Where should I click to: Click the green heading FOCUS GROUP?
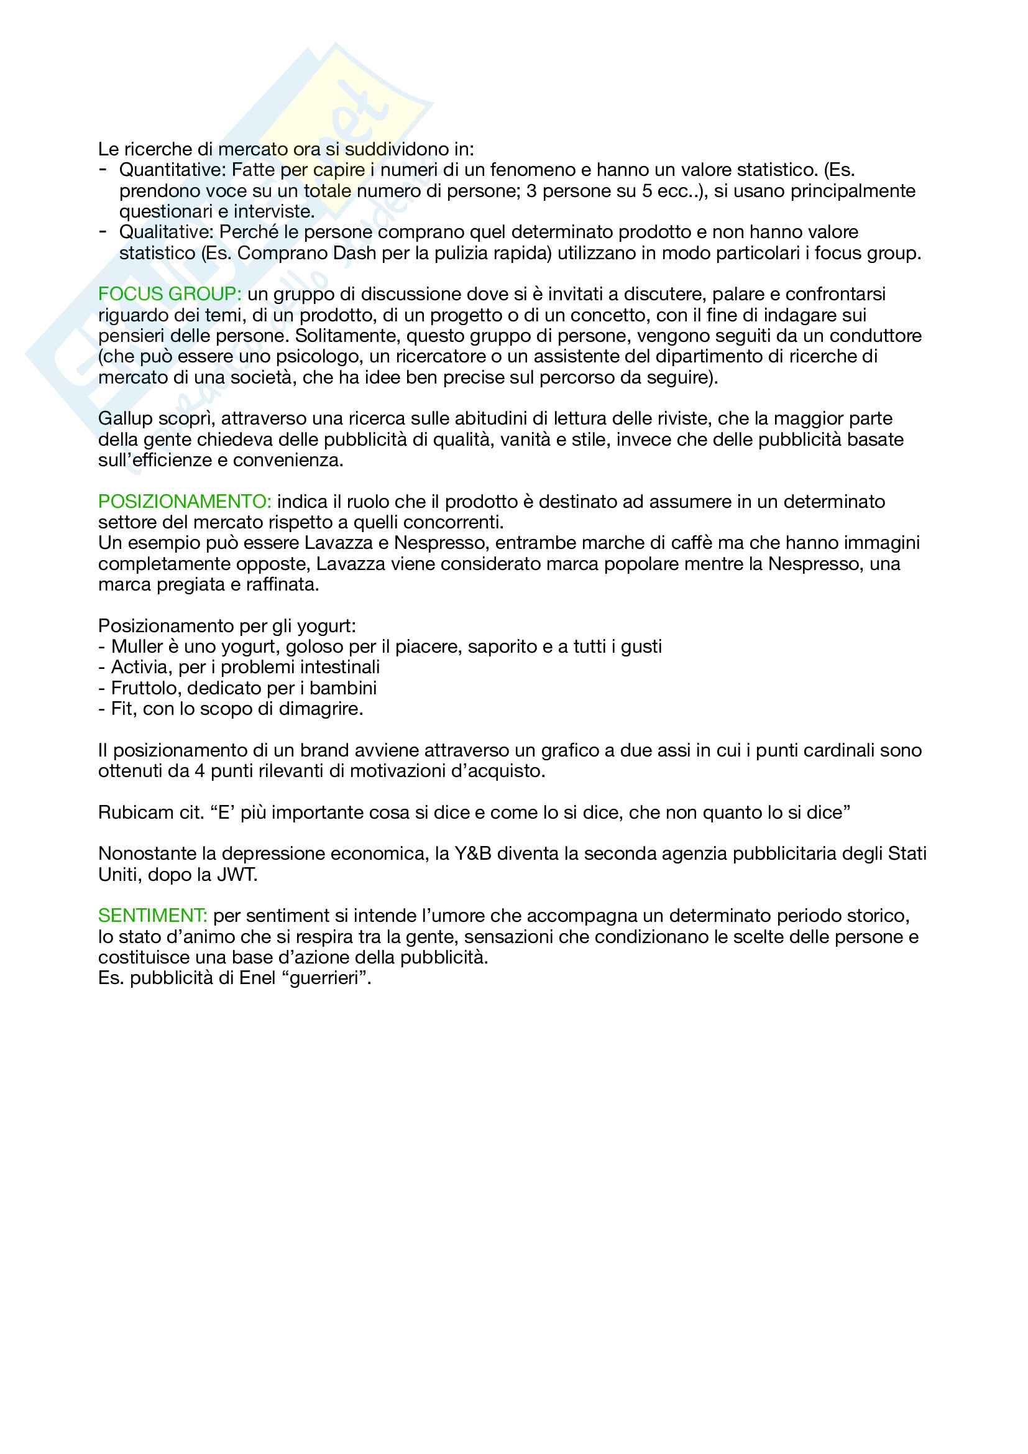tap(169, 294)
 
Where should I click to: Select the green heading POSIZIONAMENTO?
tap(184, 502)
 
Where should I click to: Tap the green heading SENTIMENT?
tap(152, 916)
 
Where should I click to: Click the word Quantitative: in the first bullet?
tap(172, 170)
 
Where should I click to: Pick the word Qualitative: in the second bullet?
tap(167, 232)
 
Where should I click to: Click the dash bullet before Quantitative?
tap(103, 169)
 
